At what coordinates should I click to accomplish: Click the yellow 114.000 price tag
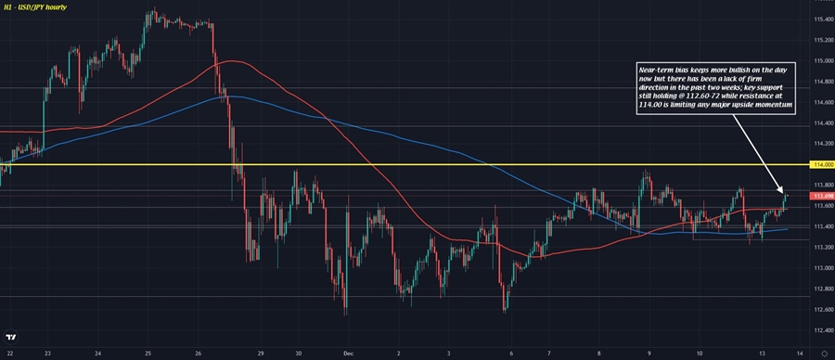coord(821,165)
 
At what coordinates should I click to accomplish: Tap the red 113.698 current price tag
coord(821,196)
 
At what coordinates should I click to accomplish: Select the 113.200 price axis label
coord(821,247)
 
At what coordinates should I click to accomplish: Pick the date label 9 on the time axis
coord(649,352)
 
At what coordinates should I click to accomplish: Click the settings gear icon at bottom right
coord(823,352)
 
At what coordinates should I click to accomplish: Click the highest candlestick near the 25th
coord(151,13)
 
